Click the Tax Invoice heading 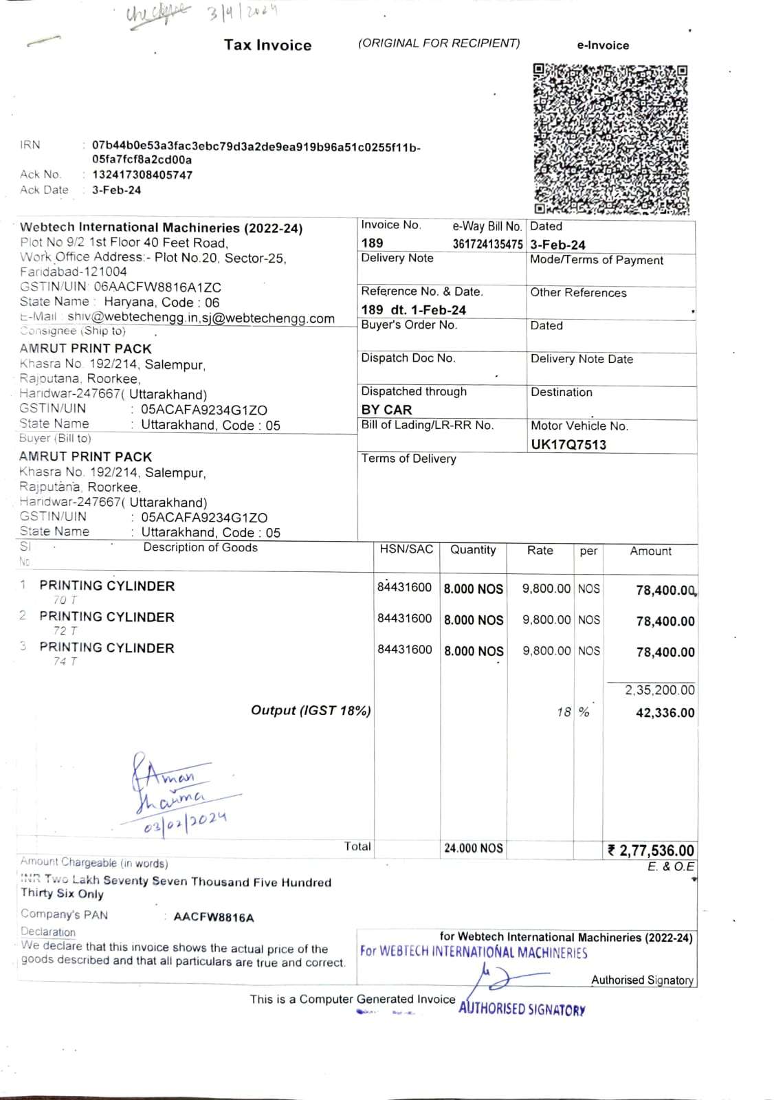(267, 45)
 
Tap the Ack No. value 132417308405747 (142, 175)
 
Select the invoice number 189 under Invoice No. (372, 243)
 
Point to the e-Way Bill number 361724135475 (487, 244)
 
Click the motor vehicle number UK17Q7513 (568, 444)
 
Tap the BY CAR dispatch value (386, 409)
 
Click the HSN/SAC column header (406, 549)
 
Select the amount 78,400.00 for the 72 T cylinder (665, 621)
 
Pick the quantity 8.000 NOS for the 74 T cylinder (474, 651)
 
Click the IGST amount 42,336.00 (665, 713)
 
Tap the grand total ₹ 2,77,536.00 (651, 851)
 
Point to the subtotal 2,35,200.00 (659, 690)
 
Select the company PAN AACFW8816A (214, 917)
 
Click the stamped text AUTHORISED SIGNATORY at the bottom (522, 1009)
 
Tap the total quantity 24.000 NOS (473, 848)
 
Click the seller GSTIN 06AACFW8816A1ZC (157, 287)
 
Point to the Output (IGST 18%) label (311, 710)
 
